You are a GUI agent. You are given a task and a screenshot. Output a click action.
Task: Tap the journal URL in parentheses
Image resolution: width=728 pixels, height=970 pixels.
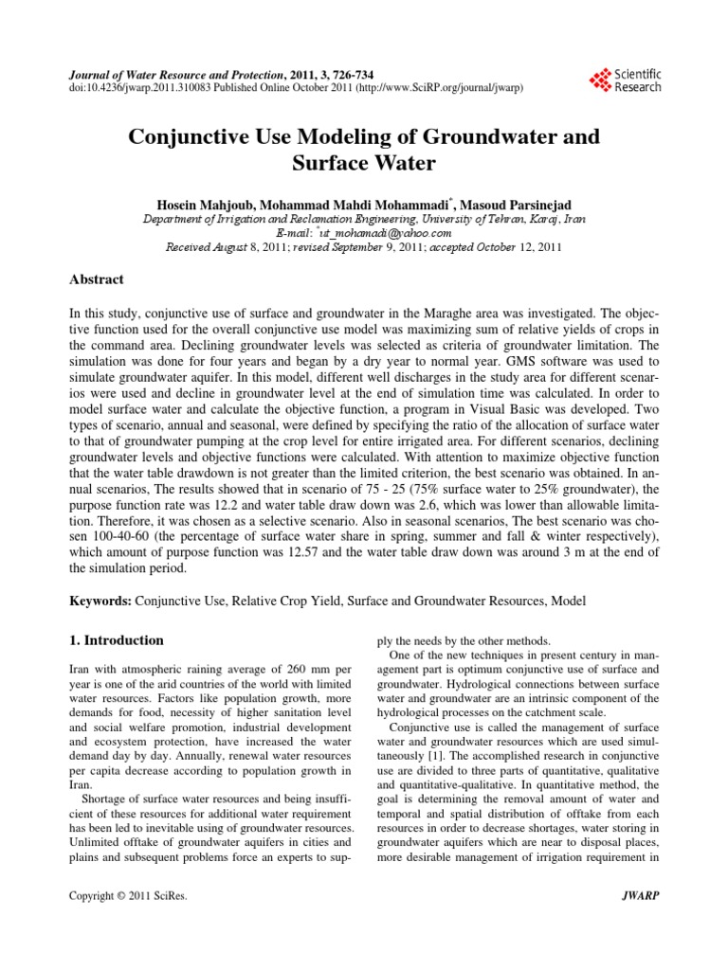439,87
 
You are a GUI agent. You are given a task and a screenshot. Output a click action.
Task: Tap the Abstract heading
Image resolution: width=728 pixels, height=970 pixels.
98,280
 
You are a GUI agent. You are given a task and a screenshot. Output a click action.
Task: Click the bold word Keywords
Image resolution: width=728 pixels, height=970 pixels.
101,602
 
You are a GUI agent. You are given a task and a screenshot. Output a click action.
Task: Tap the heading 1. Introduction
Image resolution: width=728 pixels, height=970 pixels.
118,640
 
